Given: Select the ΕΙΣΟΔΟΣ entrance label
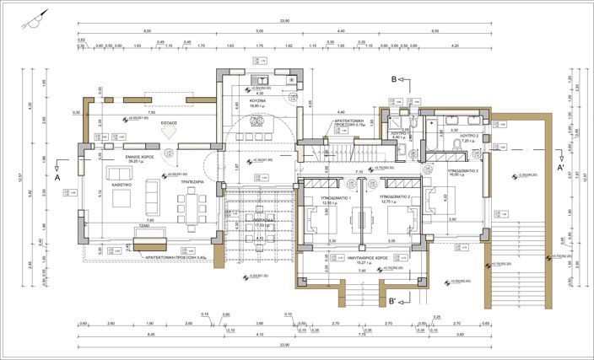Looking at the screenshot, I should tap(168, 122).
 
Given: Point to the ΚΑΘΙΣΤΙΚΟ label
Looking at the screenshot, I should tap(121, 170).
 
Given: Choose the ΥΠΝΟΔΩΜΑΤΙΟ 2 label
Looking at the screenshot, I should tap(394, 196).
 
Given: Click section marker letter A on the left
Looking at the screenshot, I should tap(57, 178).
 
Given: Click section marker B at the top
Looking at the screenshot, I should tap(393, 79).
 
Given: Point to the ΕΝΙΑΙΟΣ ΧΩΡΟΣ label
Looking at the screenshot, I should tap(123, 158).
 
